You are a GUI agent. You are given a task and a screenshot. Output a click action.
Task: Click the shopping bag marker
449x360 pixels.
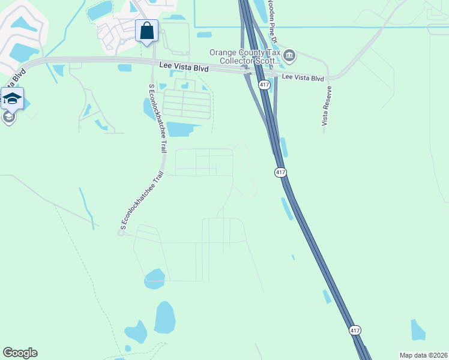point(147,31)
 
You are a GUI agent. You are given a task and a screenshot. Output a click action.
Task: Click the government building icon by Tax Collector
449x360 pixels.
point(289,56)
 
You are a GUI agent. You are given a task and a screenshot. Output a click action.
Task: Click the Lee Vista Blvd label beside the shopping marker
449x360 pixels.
point(184,68)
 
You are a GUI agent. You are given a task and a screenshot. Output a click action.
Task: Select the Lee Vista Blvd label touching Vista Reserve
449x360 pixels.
point(303,78)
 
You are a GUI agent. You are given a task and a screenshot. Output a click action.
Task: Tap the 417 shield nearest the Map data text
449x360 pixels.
point(355,331)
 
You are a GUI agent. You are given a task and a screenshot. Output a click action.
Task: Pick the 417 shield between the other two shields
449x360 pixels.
point(280,173)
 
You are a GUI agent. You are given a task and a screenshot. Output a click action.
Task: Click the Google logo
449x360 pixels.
point(20,353)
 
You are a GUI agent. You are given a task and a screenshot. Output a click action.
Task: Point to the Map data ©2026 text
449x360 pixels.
point(423,355)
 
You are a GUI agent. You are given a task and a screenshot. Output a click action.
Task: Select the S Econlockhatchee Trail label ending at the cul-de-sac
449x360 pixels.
point(143,200)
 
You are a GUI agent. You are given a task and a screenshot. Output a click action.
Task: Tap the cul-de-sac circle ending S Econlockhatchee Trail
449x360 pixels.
point(121,233)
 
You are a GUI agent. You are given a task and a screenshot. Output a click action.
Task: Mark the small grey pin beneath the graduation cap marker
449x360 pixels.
point(8,117)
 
